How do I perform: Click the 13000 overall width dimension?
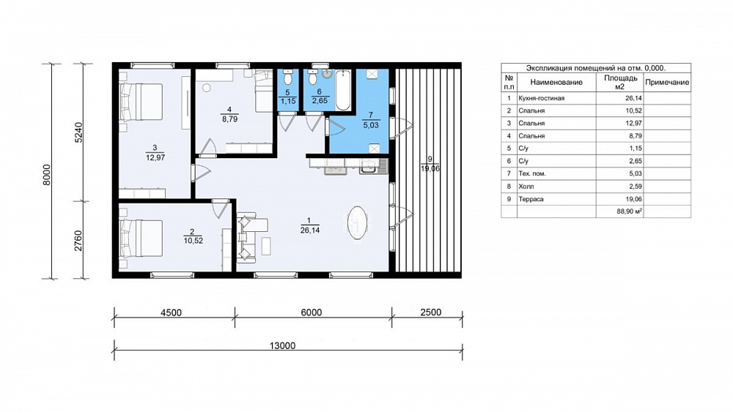[x=282, y=345]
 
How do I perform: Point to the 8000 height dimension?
[x=46, y=174]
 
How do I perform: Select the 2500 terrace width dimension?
[x=430, y=312]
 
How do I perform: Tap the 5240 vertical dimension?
[x=78, y=132]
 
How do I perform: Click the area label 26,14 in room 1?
[x=310, y=230]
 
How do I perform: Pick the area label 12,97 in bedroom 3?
[x=155, y=158]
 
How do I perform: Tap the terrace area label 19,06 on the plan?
[x=430, y=168]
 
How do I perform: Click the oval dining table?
[x=358, y=223]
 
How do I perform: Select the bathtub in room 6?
[x=343, y=89]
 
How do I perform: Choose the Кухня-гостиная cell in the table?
[x=542, y=98]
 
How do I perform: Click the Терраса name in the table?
[x=531, y=199]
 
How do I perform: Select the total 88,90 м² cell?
[x=629, y=211]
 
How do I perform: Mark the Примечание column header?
[x=667, y=82]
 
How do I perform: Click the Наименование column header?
[x=556, y=82]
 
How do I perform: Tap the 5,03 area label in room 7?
[x=371, y=125]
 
